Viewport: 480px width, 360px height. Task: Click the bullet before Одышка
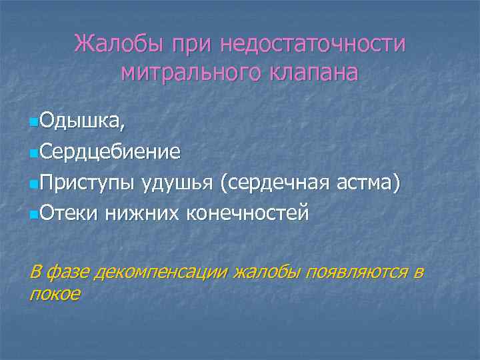pyautogui.click(x=35, y=122)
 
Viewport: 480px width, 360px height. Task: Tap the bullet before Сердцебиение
pyautogui.click(x=35, y=153)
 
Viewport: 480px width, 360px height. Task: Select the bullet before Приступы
pyautogui.click(x=35, y=183)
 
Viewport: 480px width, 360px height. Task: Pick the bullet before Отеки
pyautogui.click(x=35, y=214)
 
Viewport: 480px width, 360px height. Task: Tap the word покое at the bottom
pyautogui.click(x=55, y=293)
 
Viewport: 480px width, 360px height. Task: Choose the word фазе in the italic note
pyautogui.click(x=69, y=272)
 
